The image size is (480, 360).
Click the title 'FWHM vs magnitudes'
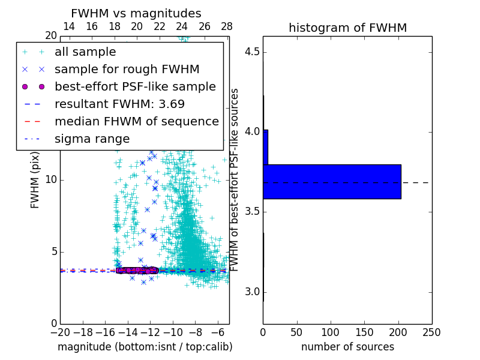136,13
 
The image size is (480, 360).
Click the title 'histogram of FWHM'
347,28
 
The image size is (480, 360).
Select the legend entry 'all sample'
85,52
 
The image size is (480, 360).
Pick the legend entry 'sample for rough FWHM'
127,70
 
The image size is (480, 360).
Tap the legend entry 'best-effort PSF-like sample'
135,87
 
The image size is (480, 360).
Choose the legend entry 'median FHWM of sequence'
136,122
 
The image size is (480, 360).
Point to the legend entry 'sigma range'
92,139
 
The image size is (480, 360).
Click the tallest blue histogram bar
332,181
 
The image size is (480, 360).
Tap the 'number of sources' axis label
347,347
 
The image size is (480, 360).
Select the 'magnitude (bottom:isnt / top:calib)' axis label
145,347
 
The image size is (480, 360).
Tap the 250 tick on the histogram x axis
431,332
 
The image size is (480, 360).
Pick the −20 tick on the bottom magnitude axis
60,332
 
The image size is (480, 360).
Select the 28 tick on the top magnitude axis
227,26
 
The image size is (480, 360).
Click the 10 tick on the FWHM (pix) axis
50,180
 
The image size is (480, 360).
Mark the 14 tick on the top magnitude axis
69,26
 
